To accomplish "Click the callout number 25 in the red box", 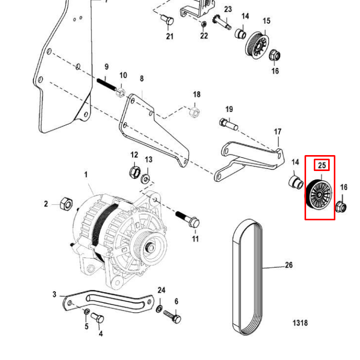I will click(x=322, y=165).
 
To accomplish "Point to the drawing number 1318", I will click(x=300, y=323).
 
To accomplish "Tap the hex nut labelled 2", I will click(x=66, y=203).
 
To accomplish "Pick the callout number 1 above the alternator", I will click(x=86, y=175).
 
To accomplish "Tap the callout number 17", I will click(x=277, y=132).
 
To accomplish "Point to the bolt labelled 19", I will click(x=229, y=124).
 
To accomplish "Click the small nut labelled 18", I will click(x=194, y=111).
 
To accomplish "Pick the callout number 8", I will click(x=142, y=79).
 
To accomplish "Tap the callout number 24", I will click(x=161, y=290).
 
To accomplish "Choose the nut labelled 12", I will click(x=134, y=170).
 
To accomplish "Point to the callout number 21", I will click(x=169, y=36).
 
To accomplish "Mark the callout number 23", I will click(x=228, y=9).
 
